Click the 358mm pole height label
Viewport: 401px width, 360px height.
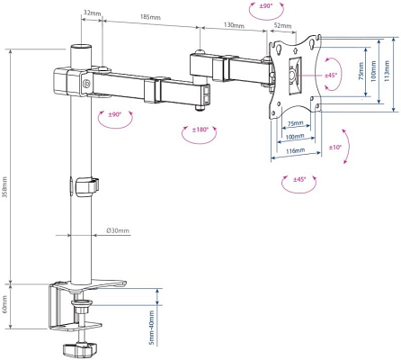coord(5,190)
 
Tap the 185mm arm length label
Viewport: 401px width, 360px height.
coord(150,17)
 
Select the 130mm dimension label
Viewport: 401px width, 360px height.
coord(234,25)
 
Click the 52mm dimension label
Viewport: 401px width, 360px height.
coord(282,25)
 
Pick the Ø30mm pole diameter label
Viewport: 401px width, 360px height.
coord(118,230)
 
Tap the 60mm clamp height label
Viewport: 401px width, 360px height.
coord(4,304)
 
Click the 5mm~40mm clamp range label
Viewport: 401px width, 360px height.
coord(152,328)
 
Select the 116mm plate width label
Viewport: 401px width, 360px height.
coord(295,150)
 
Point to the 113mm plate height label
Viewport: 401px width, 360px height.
coord(387,71)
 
